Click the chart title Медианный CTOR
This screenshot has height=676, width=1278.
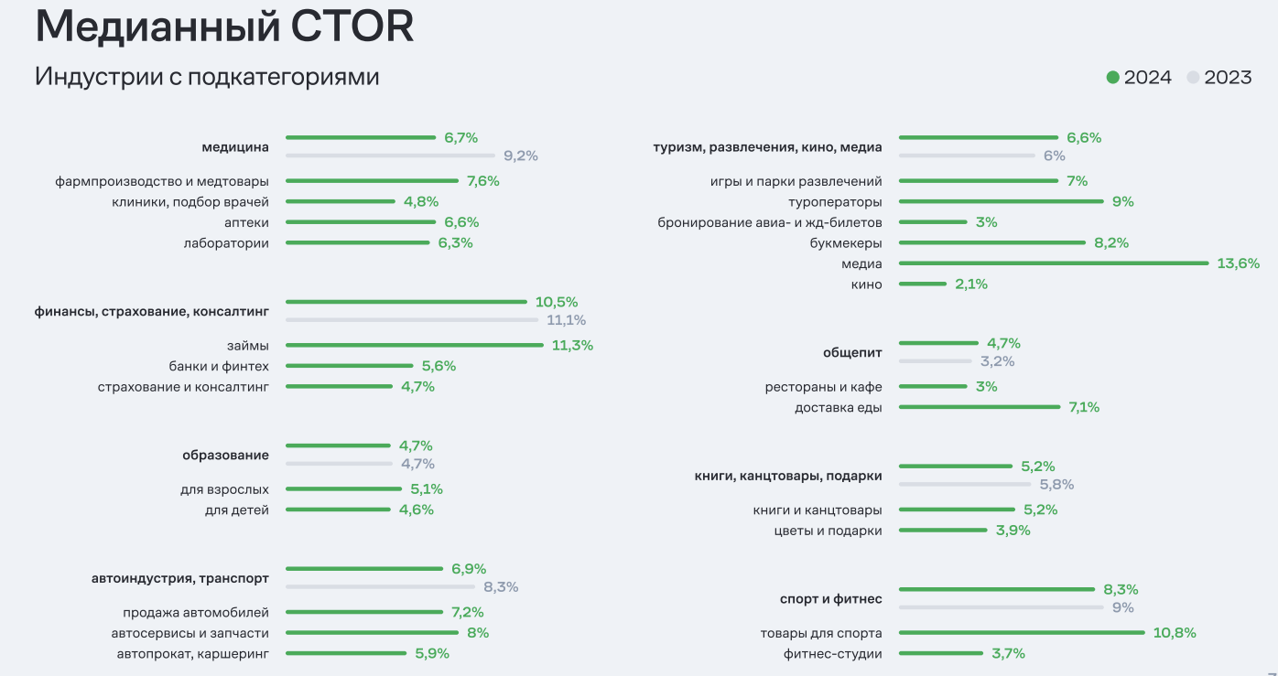tap(224, 27)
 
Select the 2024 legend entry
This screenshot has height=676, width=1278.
tap(1139, 78)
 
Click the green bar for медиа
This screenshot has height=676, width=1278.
tap(1054, 263)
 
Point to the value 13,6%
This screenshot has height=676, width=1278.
tap(1238, 263)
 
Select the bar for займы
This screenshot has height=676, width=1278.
tap(415, 346)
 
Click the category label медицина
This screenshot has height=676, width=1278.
tap(235, 147)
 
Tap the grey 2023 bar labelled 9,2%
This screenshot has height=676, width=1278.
tap(390, 156)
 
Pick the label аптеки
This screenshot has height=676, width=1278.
tap(246, 222)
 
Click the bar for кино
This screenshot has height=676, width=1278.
tap(923, 284)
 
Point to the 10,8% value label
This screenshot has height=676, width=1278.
tap(1175, 633)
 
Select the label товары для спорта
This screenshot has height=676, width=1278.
tap(821, 633)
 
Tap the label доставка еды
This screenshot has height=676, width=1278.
tap(839, 408)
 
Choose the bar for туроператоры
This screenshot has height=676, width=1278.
tap(1002, 202)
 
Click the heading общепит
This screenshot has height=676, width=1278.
tap(852, 352)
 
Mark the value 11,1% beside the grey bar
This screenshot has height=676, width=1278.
tap(565, 320)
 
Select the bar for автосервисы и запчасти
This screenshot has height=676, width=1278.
tap(372, 633)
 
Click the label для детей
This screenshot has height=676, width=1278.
tap(237, 510)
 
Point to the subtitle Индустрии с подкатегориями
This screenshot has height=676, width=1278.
tap(207, 77)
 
